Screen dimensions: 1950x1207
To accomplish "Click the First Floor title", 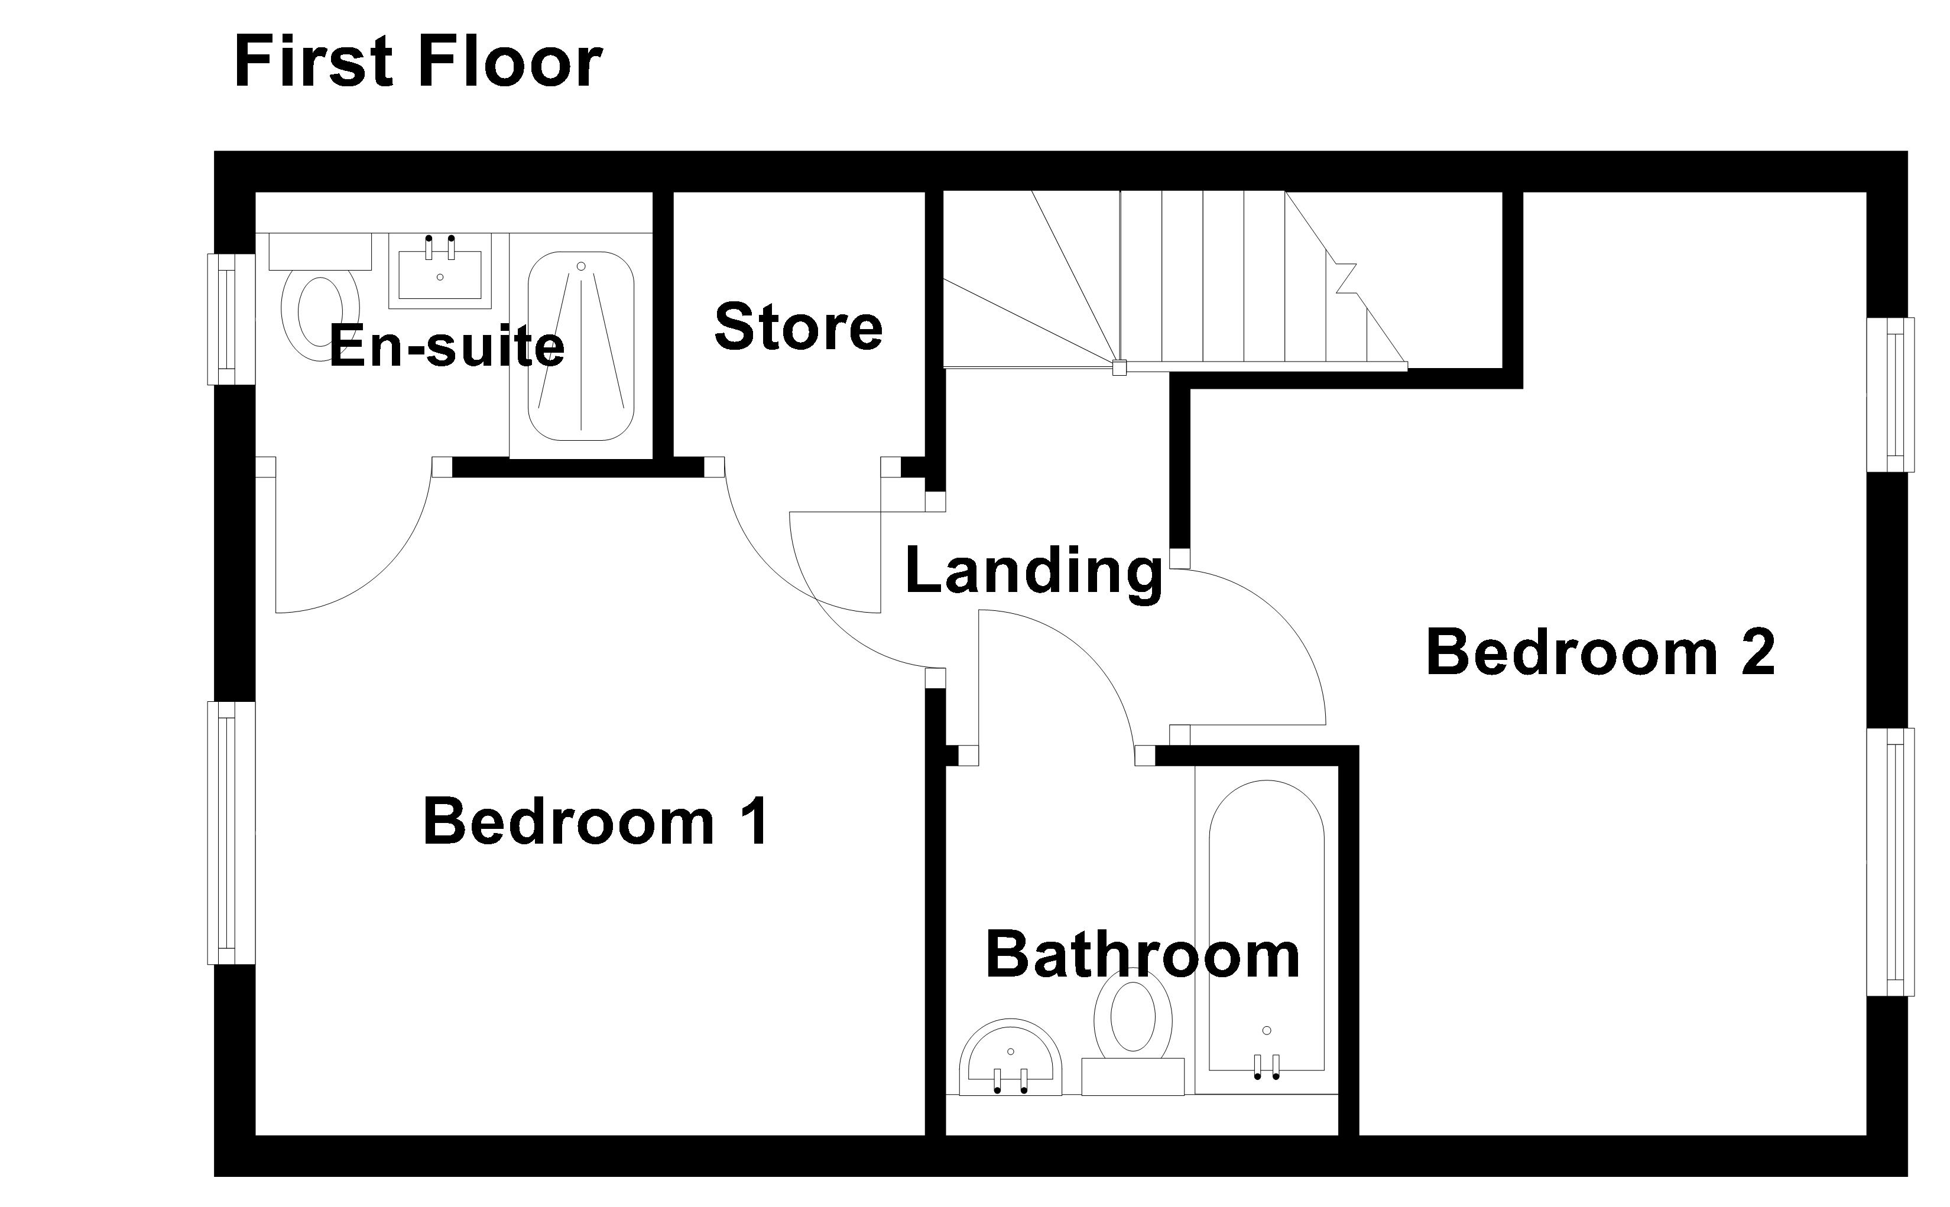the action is coord(418,62).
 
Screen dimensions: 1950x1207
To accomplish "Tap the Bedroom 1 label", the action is coord(596,821).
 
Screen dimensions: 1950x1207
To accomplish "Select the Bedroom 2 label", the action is coord(1600,652).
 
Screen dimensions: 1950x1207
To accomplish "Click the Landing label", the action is coord(1033,571).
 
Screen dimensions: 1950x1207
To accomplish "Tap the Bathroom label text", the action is coord(1143,954).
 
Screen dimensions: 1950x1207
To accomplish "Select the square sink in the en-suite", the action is coord(440,271).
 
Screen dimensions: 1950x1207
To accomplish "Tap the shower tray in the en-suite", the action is coord(580,346).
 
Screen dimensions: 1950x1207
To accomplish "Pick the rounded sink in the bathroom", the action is coord(1010,1057).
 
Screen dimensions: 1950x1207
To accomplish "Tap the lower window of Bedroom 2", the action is coord(1890,862).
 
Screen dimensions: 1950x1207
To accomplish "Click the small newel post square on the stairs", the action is coord(1120,368).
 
